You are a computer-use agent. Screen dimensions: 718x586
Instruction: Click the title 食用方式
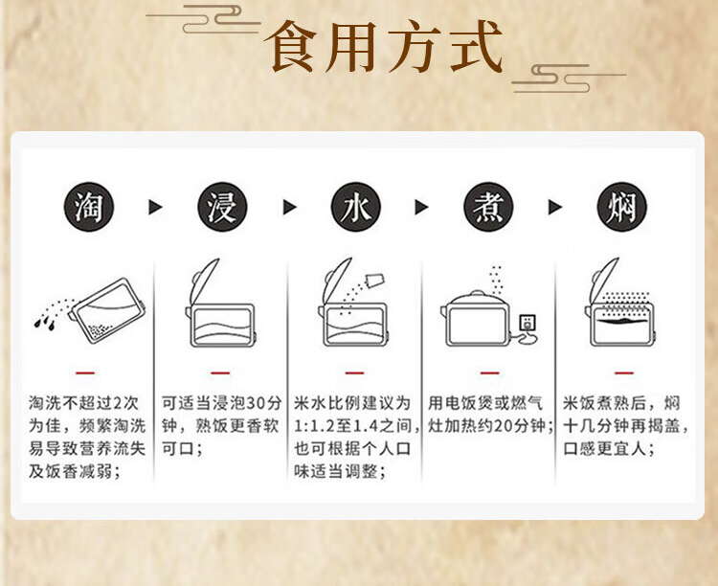pos(383,47)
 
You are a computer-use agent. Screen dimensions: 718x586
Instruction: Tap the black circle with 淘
pos(88,207)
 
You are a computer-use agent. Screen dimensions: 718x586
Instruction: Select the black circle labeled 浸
pos(222,207)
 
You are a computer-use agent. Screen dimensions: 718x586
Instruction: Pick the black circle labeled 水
pos(356,207)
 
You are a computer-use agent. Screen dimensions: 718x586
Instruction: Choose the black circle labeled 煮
pos(488,207)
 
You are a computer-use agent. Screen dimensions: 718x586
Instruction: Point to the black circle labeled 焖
pos(622,207)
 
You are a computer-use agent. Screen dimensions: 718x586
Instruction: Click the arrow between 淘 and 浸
pos(155,207)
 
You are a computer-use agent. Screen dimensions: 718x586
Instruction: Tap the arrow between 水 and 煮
pos(421,207)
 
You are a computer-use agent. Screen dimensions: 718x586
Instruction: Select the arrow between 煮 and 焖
pos(555,207)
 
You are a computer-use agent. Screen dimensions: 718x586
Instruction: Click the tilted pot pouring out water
pos(107,310)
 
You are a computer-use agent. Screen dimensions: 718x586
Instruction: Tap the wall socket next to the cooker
pos(527,323)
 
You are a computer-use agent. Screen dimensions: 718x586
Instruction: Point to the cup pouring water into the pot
pos(374,280)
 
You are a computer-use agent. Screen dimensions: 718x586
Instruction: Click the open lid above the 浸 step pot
pos(205,281)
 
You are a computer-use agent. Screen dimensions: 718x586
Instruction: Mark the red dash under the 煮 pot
pos(489,372)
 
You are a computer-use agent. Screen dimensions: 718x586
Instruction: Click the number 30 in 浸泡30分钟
pos(256,403)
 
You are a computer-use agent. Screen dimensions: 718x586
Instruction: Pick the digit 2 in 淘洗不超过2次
pos(118,403)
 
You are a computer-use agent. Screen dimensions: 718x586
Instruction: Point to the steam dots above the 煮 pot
pos(496,280)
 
